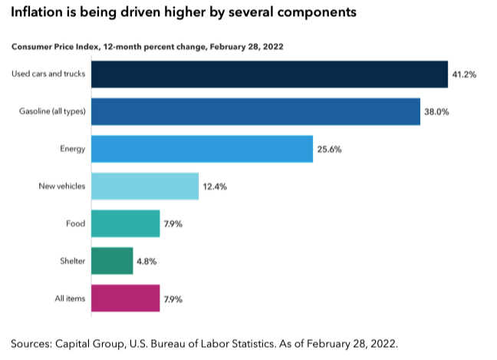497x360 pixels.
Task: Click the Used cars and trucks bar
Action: pyautogui.click(x=269, y=74)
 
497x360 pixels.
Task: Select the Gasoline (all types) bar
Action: pyautogui.click(x=255, y=112)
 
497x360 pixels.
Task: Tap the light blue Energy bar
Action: pyautogui.click(x=202, y=149)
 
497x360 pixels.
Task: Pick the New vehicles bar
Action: pyautogui.click(x=145, y=187)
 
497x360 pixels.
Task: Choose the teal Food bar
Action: pyautogui.click(x=125, y=223)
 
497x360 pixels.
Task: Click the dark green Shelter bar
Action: pyautogui.click(x=112, y=261)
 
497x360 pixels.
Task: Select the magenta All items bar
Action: pyautogui.click(x=125, y=298)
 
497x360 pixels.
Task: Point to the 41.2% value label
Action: pyautogui.click(x=465, y=74)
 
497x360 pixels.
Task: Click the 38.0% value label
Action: pyautogui.click(x=436, y=112)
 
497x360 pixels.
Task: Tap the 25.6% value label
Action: pyautogui.click(x=329, y=149)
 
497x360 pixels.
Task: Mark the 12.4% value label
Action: pyautogui.click(x=216, y=187)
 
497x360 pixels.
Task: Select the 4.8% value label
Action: pyautogui.click(x=147, y=261)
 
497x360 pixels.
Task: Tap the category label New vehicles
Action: pyautogui.click(x=61, y=187)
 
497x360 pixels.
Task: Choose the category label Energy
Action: pyautogui.click(x=74, y=149)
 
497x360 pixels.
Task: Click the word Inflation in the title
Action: pyautogui.click(x=39, y=13)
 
